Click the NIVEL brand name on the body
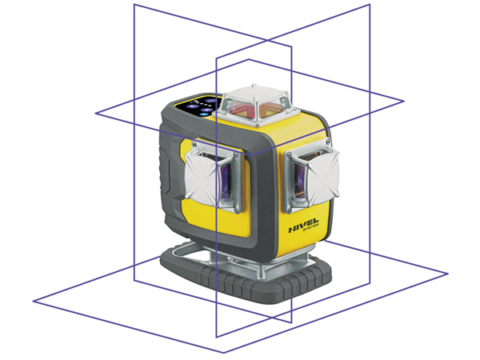pos(303,225)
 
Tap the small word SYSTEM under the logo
pos(310,228)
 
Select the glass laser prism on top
pos(256,105)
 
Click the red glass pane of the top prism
pos(242,108)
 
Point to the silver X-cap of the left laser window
pos(202,177)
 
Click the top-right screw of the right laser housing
pos(328,142)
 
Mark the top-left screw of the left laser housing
pos(194,143)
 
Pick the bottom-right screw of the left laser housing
pos(236,210)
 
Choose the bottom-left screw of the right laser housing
pos(290,210)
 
